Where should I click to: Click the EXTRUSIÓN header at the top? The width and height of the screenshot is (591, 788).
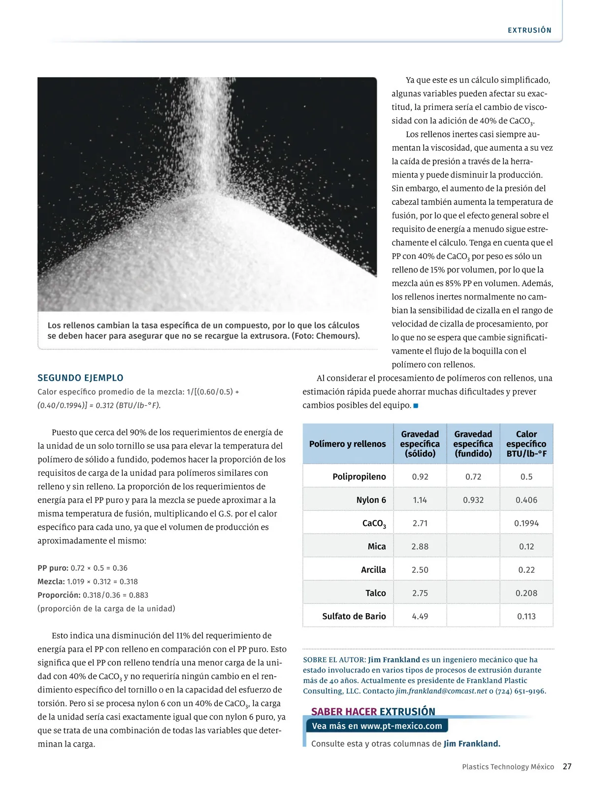(529, 31)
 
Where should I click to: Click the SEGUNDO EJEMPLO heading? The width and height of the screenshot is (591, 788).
(80, 378)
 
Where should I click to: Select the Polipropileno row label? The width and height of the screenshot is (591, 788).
(359, 477)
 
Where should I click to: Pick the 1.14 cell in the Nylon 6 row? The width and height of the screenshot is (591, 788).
(420, 500)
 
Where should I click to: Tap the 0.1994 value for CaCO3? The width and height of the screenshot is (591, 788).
(526, 523)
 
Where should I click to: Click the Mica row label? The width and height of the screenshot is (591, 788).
(377, 546)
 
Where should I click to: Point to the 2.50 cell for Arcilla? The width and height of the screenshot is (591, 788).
(420, 570)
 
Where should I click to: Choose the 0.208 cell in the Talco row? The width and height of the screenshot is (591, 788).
(526, 593)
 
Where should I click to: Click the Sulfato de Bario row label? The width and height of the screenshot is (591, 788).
(354, 616)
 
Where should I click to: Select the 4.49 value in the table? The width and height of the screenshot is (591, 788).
(420, 616)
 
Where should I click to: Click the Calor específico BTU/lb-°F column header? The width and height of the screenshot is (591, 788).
(526, 444)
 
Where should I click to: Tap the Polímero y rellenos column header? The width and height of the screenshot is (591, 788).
(347, 444)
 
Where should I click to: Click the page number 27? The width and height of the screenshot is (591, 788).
(567, 766)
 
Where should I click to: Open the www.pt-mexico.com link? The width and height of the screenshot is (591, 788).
(401, 725)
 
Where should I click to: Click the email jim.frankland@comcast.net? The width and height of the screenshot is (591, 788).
(441, 691)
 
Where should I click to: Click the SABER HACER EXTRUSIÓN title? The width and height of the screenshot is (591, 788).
(373, 711)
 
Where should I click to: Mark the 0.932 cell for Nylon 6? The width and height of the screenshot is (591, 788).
(473, 500)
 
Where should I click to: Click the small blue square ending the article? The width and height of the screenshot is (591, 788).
(416, 406)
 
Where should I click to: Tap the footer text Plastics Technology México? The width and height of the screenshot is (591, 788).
(508, 767)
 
